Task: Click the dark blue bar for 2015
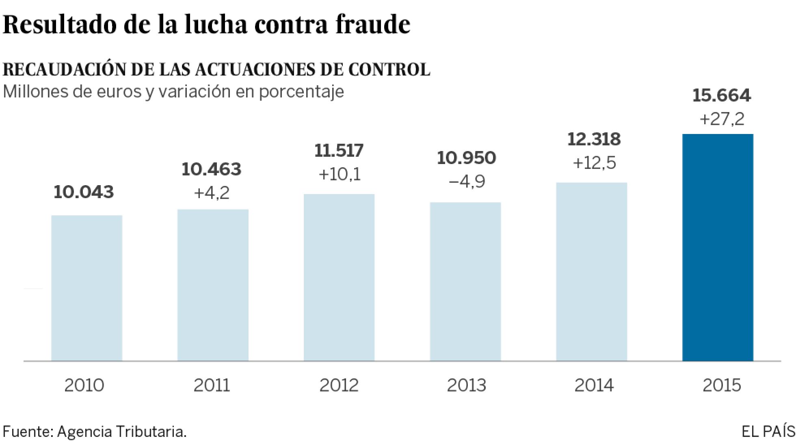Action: point(718,248)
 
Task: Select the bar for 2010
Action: point(87,288)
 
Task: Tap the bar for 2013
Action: point(465,282)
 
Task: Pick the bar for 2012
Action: point(339,278)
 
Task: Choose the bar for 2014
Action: point(592,272)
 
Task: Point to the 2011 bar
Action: point(213,285)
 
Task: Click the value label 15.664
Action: point(722,95)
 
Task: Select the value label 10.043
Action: point(84,192)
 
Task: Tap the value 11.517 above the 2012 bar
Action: point(339,151)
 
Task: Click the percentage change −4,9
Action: point(467,181)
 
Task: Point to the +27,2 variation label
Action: point(722,119)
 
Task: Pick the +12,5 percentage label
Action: point(594,163)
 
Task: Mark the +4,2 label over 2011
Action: point(212,193)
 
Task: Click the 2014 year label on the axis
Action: point(594,385)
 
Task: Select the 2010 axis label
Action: point(84,385)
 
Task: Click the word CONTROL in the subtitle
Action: point(389,70)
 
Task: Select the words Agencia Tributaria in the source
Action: point(122,432)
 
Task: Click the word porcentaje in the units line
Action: point(301,92)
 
